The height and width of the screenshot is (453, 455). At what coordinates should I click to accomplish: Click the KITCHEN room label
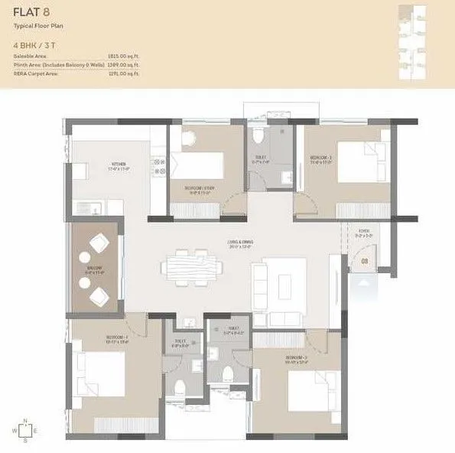point(119,165)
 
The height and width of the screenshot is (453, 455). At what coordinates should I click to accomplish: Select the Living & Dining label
point(239,243)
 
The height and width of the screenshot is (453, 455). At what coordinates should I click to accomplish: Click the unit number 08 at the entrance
point(365,262)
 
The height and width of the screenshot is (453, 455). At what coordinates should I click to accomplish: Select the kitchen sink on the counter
point(86,207)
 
